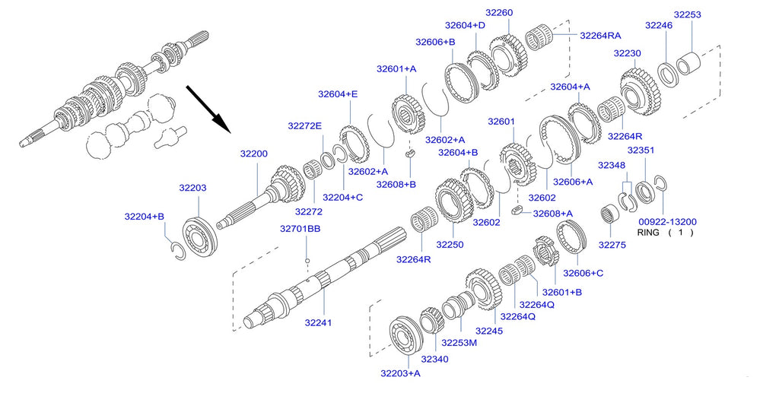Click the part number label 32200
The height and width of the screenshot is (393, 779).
(x=254, y=154)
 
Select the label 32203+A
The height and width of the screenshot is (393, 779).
(x=400, y=373)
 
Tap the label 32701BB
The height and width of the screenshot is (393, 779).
(x=300, y=228)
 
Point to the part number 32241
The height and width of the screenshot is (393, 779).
(x=319, y=322)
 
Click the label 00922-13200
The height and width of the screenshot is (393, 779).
(x=667, y=222)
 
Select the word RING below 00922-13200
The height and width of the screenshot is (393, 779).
(x=649, y=233)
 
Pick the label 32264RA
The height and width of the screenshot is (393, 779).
(x=600, y=35)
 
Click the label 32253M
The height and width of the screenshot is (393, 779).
(x=459, y=342)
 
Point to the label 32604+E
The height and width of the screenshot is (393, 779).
(x=338, y=94)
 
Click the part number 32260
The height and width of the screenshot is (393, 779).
(x=499, y=13)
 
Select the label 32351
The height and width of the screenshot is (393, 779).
(x=641, y=150)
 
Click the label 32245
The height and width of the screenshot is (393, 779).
(x=489, y=331)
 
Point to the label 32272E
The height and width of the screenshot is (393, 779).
(x=304, y=125)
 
